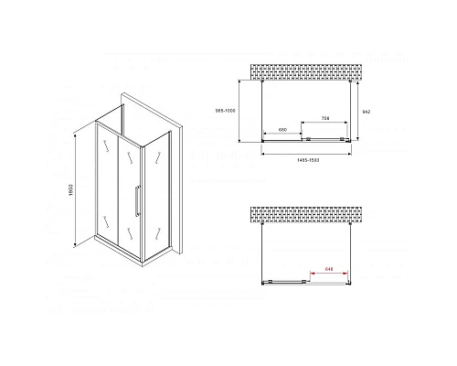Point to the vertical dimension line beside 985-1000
point(240,112)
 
